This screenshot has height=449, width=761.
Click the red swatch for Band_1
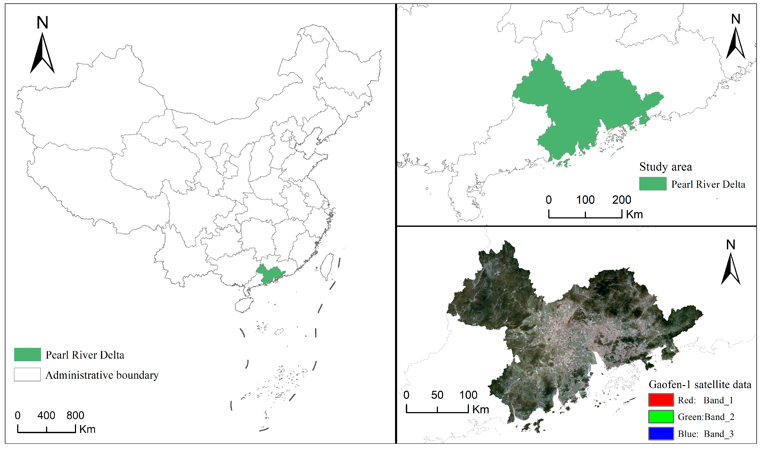click(661, 400)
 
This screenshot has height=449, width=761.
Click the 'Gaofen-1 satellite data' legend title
click(700, 385)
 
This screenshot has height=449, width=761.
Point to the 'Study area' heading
click(665, 167)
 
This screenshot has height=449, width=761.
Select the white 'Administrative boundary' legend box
click(27, 375)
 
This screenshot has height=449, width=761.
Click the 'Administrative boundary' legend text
click(102, 375)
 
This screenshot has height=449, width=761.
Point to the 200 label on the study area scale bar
click(622, 200)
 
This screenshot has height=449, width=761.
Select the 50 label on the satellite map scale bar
click(437, 395)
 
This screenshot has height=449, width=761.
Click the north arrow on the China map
click(42, 53)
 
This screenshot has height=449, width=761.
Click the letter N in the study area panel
click(736, 19)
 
